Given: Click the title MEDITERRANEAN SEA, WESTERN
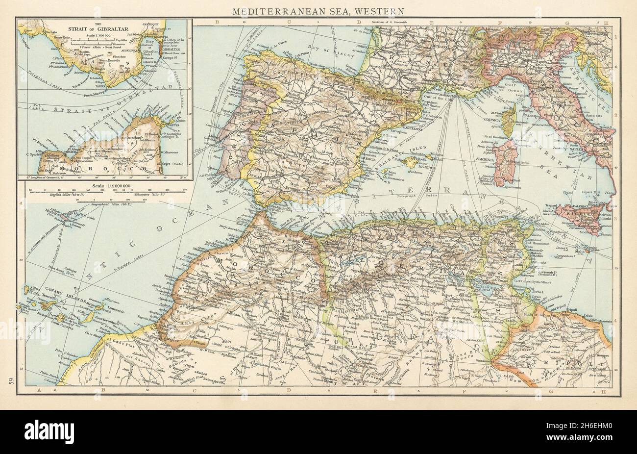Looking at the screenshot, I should click(318, 10).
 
